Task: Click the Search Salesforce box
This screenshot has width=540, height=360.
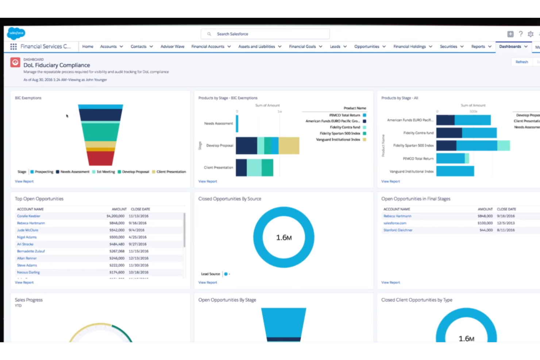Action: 265,34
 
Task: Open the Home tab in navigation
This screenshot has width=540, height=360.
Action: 88,47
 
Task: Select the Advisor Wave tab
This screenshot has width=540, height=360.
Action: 172,47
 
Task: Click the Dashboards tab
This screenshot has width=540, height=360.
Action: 510,47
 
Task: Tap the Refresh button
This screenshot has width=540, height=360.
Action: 521,62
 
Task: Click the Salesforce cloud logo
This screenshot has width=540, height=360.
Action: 16,33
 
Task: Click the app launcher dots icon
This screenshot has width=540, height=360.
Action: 13,47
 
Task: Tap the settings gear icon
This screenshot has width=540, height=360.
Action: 531,34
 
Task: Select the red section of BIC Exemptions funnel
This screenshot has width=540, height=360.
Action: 100,158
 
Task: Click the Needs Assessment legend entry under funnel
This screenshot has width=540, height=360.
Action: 74,172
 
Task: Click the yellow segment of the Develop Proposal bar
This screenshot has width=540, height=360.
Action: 289,146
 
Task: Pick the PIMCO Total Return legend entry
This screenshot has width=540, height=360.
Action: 344,115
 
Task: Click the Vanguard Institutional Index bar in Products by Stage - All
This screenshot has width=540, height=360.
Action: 455,171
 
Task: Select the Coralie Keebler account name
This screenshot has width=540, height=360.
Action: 28,216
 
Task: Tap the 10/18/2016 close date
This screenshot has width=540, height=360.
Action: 138,272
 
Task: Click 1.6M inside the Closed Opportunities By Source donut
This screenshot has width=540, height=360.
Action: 283,238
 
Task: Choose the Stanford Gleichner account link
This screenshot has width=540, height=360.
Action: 398,230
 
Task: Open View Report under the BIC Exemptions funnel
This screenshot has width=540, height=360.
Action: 24,181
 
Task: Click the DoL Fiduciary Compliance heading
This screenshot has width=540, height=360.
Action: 57,65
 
